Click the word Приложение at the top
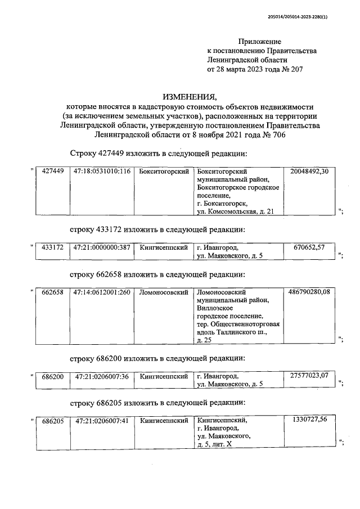259,42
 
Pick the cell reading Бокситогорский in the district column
163,171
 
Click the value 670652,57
309,247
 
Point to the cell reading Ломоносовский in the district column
163,292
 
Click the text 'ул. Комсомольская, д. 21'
235,210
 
